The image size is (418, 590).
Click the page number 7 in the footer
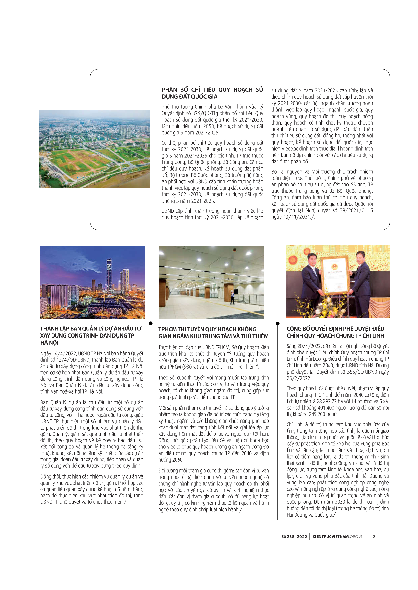(374, 537)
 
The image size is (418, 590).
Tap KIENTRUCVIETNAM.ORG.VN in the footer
(338, 537)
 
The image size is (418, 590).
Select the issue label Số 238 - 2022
(294, 537)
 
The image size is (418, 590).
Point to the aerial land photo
(94, 149)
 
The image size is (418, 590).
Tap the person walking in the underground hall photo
(233, 297)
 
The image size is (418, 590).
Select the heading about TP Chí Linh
(335, 332)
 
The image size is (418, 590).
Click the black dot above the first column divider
(151, 323)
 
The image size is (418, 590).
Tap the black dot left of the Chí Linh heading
(277, 323)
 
